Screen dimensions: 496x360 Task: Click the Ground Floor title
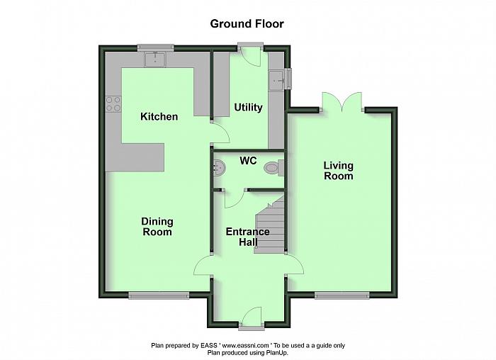coord(247,23)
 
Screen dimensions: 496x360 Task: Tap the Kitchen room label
coord(159,116)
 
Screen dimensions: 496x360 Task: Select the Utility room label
coord(248,108)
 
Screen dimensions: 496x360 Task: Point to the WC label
coord(248,161)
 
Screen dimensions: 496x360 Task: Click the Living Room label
coord(339,171)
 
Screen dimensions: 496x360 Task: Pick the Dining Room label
coord(157,227)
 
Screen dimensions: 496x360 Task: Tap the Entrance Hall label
coord(248,237)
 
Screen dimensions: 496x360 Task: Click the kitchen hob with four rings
coord(113,104)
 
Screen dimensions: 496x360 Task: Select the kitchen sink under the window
coord(155,60)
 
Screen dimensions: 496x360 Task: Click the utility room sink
coord(276,81)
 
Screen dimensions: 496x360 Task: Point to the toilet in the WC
coord(274,168)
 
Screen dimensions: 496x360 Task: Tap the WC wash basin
coord(219,168)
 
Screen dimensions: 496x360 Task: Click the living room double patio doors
coord(342,102)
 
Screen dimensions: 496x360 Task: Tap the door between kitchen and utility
coord(220,133)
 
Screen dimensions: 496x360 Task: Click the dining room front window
coord(159,296)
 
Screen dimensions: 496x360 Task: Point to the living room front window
coord(342,296)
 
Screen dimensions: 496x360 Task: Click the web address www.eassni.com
coord(245,345)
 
